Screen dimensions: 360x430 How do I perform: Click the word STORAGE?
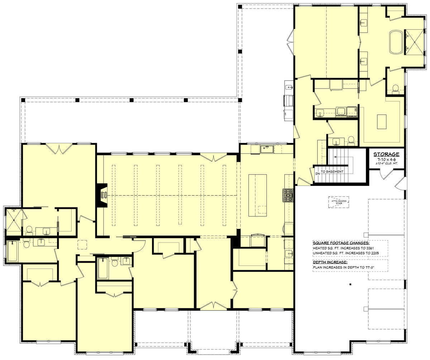pos(386,154)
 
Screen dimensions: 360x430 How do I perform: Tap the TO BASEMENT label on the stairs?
pos(332,172)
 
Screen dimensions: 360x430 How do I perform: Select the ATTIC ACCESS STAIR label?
pos(339,202)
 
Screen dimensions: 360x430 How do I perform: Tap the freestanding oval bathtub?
pos(396,42)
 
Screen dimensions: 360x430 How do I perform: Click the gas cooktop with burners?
pos(289,196)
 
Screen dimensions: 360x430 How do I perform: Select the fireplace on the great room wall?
pos(103,195)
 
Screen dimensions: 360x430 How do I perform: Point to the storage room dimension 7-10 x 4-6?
pos(386,159)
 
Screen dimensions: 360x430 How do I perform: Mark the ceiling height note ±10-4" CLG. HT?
pos(386,163)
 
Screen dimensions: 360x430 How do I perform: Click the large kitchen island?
pos(258,195)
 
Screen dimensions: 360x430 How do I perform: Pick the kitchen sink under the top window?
pos(267,148)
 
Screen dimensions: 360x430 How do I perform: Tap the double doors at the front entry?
pos(214,306)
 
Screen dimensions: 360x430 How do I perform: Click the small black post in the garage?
pos(350,284)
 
